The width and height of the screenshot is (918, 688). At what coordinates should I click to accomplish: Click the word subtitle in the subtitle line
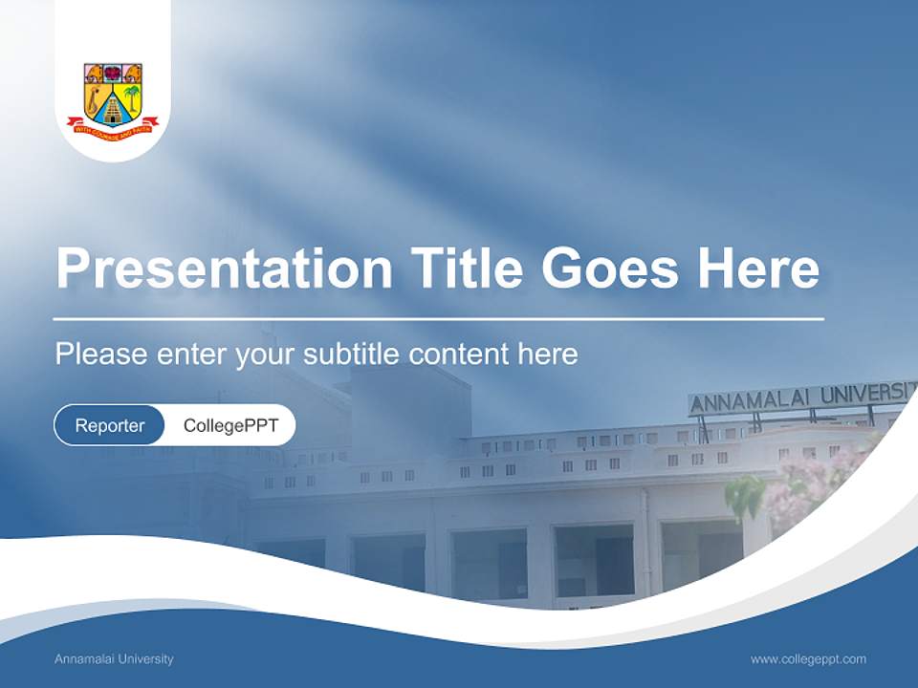[x=352, y=355]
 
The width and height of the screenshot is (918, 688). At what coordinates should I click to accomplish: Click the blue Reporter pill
[x=110, y=425]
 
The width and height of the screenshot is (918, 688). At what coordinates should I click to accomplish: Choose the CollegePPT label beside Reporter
[x=230, y=425]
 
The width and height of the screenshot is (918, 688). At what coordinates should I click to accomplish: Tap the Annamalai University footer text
[x=114, y=659]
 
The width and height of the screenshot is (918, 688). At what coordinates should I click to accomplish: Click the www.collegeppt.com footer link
[x=808, y=659]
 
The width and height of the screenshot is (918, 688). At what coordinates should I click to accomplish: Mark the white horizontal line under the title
[x=439, y=318]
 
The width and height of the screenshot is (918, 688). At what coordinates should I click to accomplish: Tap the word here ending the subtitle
[x=548, y=355]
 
